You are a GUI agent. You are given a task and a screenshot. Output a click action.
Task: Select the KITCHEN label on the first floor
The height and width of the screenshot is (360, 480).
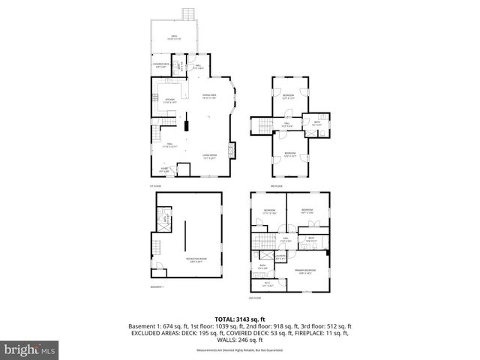[x=169, y=100]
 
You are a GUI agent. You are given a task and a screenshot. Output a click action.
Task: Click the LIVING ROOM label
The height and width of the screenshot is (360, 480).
[x=209, y=156]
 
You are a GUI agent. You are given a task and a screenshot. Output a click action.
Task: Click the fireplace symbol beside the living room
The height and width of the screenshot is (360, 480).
[x=231, y=150]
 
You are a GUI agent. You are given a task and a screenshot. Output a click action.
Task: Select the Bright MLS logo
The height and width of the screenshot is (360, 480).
[x=29, y=349]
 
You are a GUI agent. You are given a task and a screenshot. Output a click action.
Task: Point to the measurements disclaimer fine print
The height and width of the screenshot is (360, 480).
[x=239, y=349]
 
